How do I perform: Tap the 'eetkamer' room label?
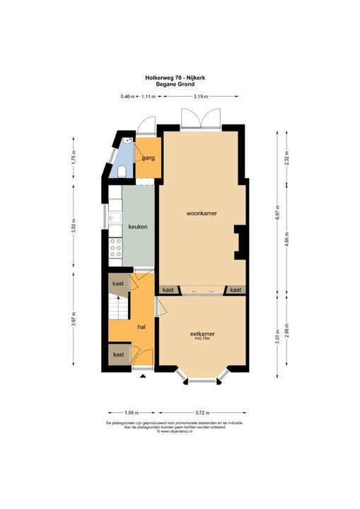[x=202, y=333]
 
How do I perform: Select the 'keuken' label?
[x=137, y=226]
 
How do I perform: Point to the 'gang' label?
[x=148, y=158]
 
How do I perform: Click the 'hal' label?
[x=141, y=327]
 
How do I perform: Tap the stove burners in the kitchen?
[x=115, y=247]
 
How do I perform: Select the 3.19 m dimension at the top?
[x=201, y=96]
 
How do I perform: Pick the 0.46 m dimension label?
[x=127, y=96]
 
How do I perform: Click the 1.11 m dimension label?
[x=149, y=96]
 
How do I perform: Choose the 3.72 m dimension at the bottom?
[x=202, y=412]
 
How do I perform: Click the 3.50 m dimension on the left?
[x=74, y=226]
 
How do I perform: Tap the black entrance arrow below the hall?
[x=144, y=378]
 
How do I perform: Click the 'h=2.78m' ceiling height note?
[x=203, y=339]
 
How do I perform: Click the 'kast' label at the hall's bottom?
[x=119, y=354]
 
